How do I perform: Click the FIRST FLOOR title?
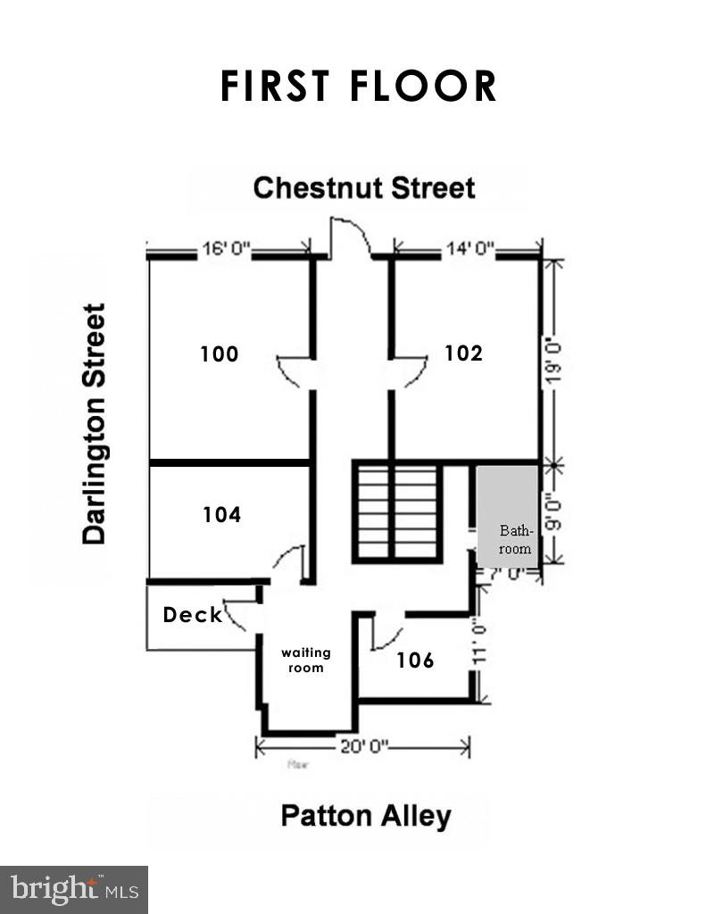point(358,87)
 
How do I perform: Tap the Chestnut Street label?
point(363,188)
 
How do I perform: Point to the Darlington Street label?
point(94,423)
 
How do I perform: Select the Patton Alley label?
point(366,816)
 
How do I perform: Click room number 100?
point(220,354)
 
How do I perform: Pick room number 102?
point(463,353)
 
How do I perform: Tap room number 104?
point(221,515)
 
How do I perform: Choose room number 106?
point(415,661)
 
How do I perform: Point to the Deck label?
point(192,615)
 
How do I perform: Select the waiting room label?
point(305,661)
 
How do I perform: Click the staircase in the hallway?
point(397,511)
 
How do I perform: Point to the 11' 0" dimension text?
point(480,643)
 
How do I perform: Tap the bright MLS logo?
point(74,889)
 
